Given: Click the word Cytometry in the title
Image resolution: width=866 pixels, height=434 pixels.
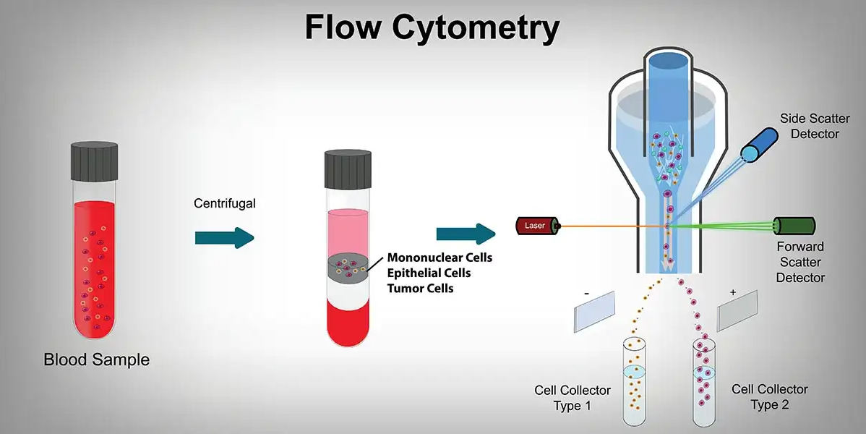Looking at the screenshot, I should (476, 27).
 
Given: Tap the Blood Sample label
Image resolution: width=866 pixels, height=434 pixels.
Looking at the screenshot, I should (97, 359).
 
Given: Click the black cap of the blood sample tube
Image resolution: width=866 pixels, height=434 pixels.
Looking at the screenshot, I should (94, 161).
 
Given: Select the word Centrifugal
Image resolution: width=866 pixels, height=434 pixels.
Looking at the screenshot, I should (225, 204).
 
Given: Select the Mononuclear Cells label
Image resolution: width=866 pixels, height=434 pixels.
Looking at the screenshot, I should (440, 258).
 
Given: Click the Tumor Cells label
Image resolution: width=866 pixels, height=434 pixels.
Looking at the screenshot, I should (421, 289).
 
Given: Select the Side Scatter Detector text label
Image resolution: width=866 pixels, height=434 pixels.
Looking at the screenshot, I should (815, 126).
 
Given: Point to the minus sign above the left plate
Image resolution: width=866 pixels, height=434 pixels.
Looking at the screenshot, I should (586, 292).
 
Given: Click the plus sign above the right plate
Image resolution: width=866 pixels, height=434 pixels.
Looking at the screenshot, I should (733, 292).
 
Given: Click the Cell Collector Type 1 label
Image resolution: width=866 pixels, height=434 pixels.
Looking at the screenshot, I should (573, 398).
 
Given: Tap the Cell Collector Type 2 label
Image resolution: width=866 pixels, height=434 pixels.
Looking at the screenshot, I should (770, 396).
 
